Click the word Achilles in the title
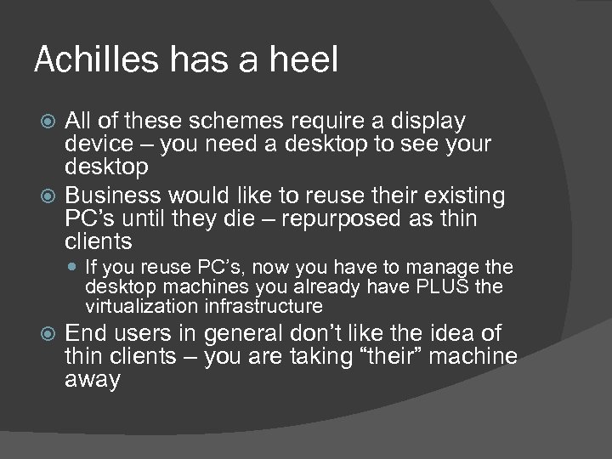pos(88,60)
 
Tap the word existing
pos(456,197)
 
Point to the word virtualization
pos(142,306)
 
